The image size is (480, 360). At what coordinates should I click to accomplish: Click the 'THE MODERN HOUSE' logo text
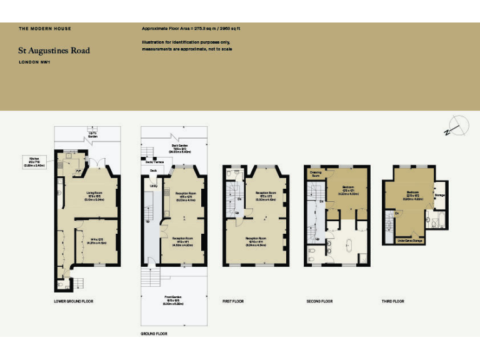[44, 29]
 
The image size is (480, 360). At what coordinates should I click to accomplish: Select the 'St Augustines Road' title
[54, 51]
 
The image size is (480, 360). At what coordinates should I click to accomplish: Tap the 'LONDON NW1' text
[34, 62]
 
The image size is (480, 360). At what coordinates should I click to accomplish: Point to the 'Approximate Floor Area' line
[191, 29]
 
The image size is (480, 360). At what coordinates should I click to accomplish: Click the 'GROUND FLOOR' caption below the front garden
[154, 334]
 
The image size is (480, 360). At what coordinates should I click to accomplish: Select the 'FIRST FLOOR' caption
[233, 301]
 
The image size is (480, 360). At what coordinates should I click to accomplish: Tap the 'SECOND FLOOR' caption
[319, 301]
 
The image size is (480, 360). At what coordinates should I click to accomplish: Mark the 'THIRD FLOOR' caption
[393, 301]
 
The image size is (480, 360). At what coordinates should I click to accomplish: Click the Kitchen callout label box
[34, 162]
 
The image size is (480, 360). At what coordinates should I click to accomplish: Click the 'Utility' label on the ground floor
[152, 186]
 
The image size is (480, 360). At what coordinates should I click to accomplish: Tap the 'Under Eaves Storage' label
[409, 240]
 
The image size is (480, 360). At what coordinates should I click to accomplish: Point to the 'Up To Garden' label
[92, 134]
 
